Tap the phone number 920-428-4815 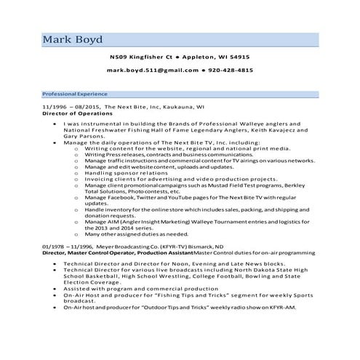(x=231, y=71)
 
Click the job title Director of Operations (x=76, y=114)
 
